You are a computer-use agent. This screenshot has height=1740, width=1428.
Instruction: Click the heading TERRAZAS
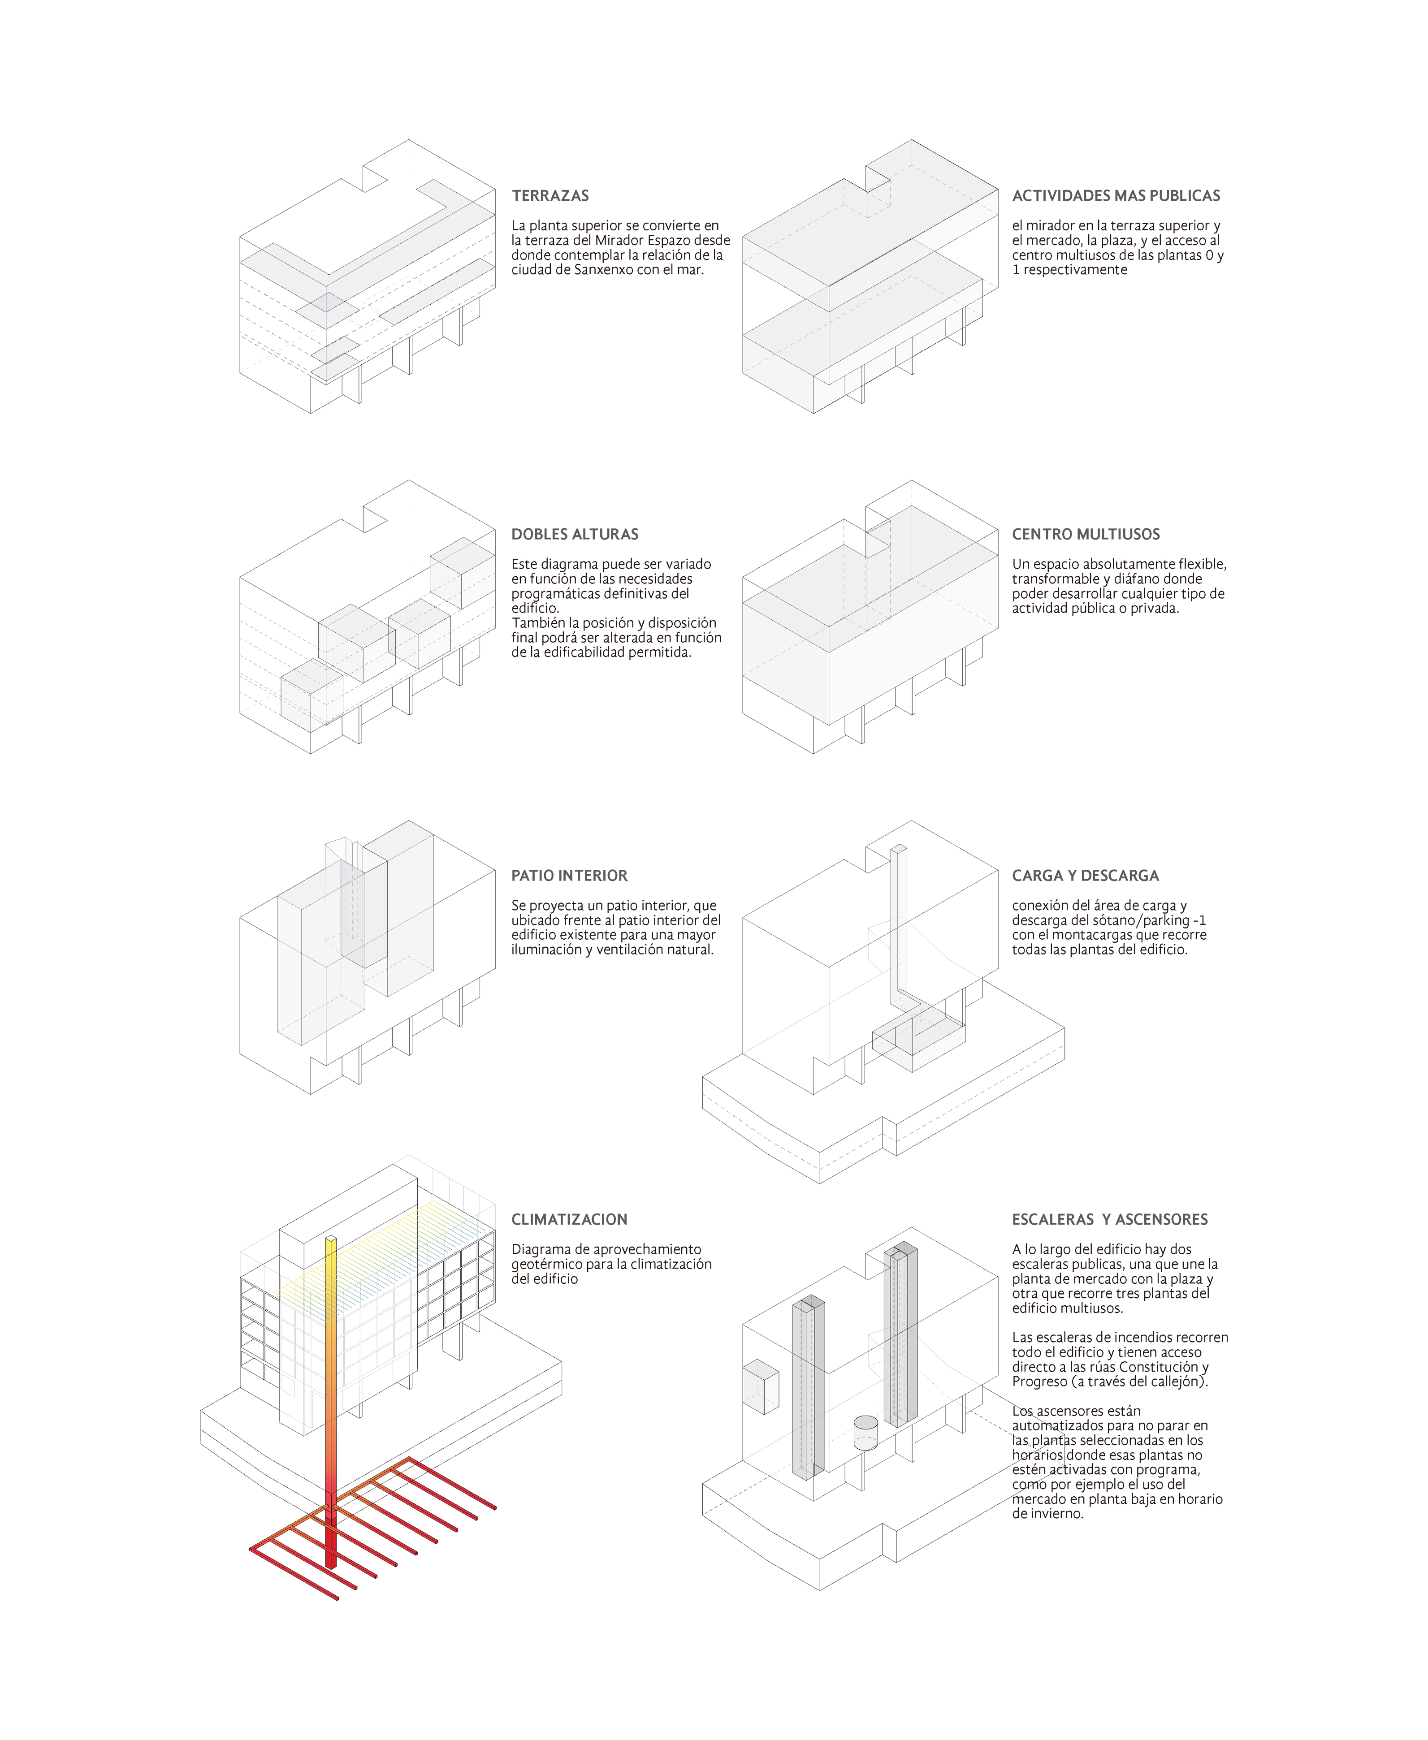coord(550,196)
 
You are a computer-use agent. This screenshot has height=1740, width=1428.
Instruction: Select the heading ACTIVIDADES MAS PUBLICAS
coord(1116,196)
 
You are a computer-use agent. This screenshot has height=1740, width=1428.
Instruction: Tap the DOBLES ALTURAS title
coord(575,535)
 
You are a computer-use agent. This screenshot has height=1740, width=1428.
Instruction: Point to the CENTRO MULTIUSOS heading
coord(1086,535)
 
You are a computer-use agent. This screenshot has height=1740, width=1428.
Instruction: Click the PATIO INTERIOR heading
coord(569,876)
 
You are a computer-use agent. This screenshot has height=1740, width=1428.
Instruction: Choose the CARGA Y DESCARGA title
coord(1085,876)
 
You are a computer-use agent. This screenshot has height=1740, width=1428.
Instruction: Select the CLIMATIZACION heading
coord(569,1219)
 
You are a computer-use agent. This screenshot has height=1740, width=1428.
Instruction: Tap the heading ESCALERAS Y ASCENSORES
coord(1110,1219)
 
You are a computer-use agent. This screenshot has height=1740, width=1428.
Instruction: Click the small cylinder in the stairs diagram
coord(865,1433)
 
